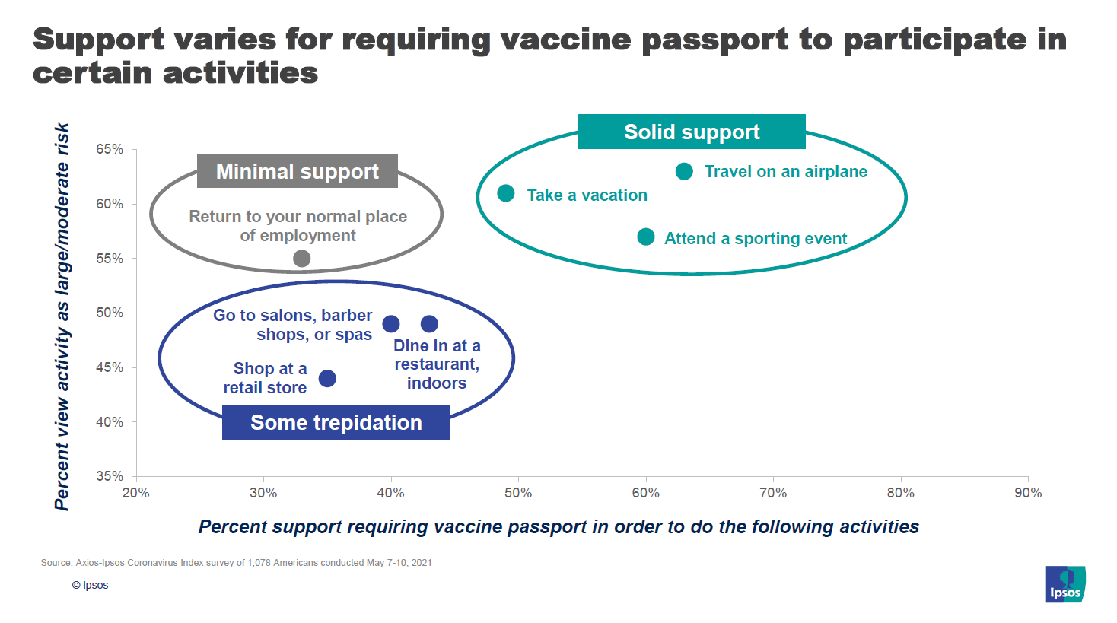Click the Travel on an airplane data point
684,172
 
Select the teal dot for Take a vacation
506,194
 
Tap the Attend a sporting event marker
646,237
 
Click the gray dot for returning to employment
302,259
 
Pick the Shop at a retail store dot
327,379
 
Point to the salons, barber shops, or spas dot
391,324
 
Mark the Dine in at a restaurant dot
429,324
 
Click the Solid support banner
691,132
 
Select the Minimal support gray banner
297,171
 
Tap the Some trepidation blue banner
336,422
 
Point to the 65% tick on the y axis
110,149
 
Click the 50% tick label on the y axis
110,313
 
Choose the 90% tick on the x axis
1027,493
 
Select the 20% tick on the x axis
136,493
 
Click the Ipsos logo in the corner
1065,584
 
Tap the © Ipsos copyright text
90,585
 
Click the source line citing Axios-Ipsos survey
236,563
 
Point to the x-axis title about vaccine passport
558,526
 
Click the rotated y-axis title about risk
62,316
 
